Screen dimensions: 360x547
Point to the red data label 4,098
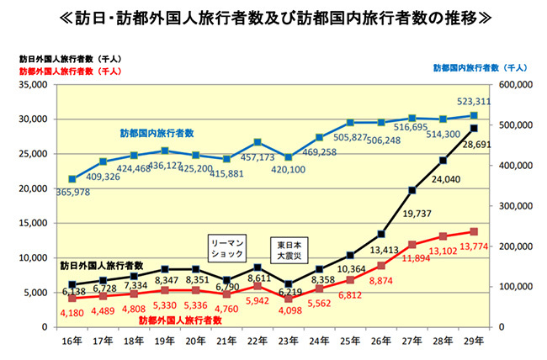pos(289,309)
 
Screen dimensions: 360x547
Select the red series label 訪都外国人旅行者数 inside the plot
pos(179,320)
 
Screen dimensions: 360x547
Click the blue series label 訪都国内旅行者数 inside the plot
pos(156,133)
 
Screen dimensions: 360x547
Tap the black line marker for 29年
pos(473,128)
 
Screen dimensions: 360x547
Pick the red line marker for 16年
pos(73,298)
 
